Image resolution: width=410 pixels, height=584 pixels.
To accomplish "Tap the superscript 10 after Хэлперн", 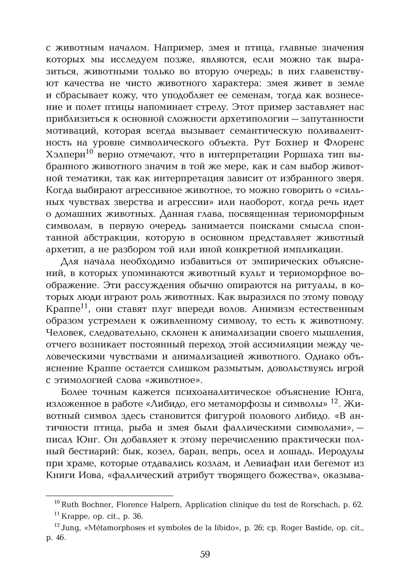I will click(x=90, y=152).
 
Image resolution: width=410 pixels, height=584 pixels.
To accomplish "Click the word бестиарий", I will click(x=93, y=452).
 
